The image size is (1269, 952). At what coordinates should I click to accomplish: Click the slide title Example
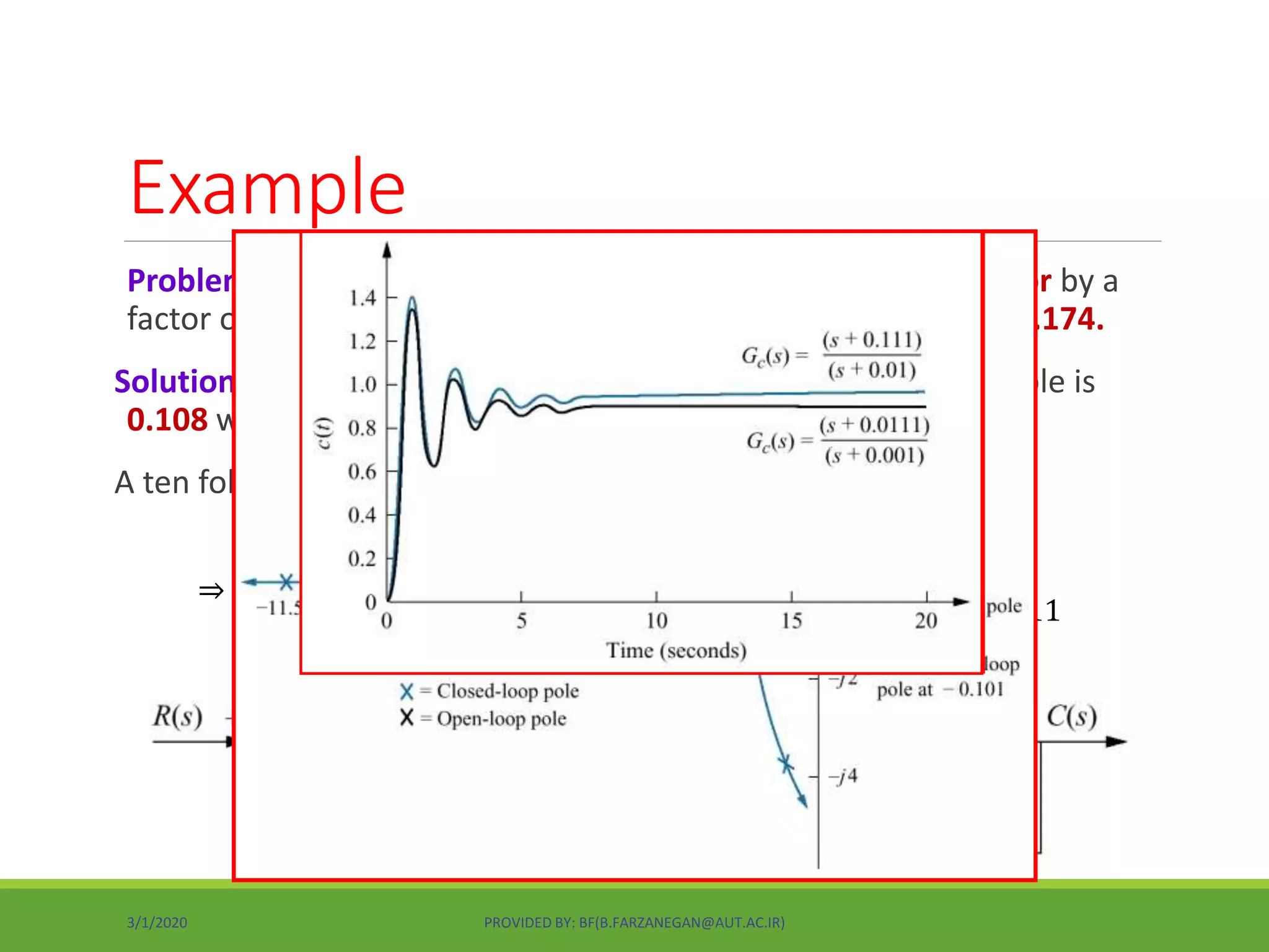268,188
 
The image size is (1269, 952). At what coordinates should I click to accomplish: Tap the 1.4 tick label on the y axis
362,298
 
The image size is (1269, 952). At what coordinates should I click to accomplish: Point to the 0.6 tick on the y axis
362,472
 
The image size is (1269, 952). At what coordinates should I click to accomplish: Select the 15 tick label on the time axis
791,620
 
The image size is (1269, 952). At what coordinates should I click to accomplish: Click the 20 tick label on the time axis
926,620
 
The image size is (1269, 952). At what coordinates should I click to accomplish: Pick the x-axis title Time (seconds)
676,651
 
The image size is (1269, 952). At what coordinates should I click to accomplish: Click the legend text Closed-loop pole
507,691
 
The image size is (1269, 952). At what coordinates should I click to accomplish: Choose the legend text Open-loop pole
501,719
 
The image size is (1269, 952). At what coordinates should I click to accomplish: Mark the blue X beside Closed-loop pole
406,692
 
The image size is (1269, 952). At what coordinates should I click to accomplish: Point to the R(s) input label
178,716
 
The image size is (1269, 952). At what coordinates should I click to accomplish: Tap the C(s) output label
1071,716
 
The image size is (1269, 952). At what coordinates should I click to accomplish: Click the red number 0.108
167,420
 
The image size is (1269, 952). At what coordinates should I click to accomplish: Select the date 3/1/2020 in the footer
157,922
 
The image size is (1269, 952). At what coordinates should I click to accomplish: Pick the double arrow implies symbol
211,591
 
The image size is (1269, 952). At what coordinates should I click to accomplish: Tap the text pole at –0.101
940,689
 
